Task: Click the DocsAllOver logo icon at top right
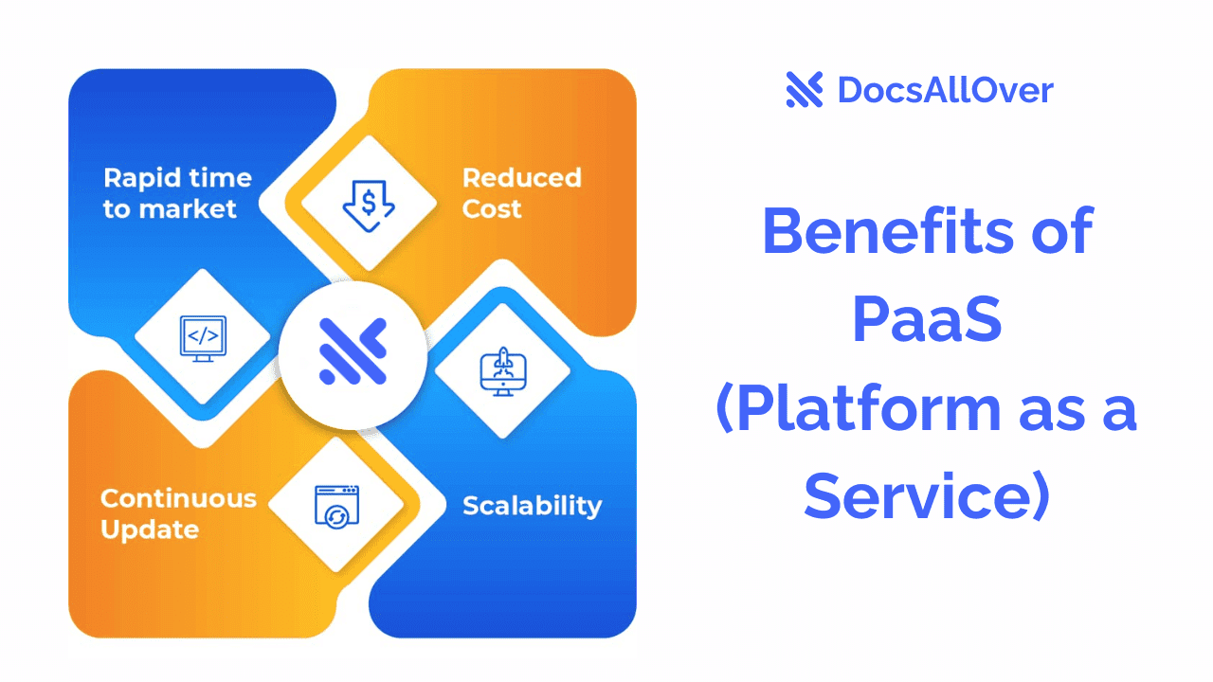(805, 90)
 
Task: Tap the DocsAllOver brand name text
(945, 91)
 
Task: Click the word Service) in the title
(926, 496)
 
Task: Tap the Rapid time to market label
(177, 193)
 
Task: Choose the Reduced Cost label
(521, 193)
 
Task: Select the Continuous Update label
(178, 513)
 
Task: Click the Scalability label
(532, 506)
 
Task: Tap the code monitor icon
(204, 337)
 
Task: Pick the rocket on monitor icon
(502, 370)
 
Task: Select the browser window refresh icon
(336, 504)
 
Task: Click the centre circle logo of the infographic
(353, 351)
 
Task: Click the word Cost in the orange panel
(492, 209)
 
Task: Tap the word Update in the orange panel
(150, 529)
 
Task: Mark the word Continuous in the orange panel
(178, 498)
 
